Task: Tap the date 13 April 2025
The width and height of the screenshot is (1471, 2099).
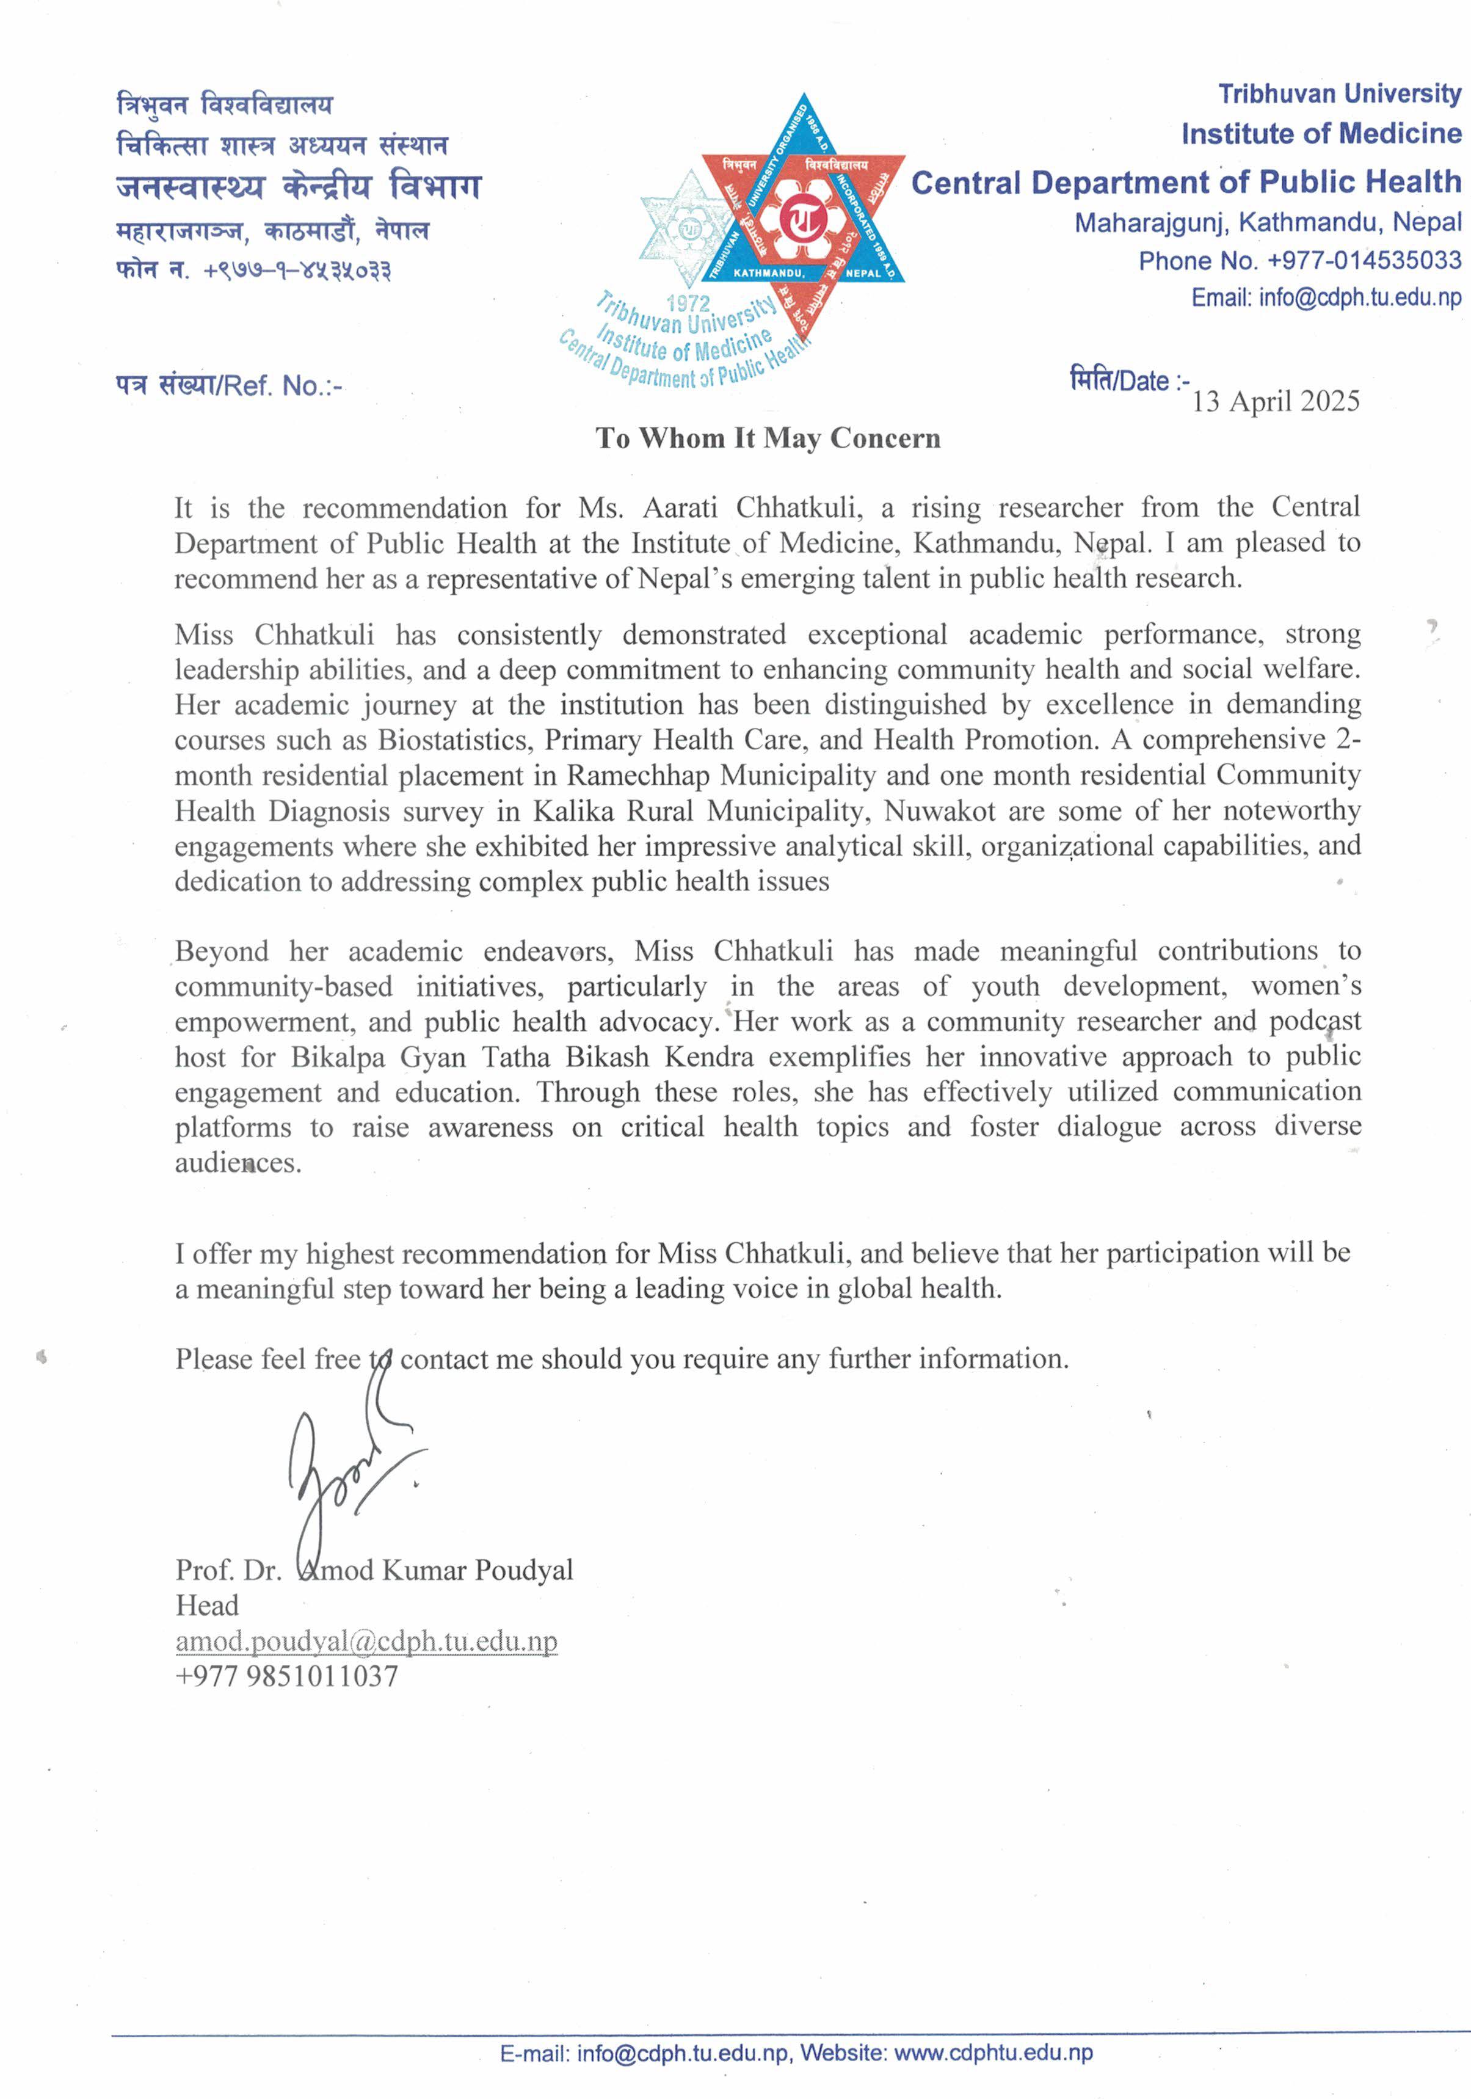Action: pyautogui.click(x=1276, y=401)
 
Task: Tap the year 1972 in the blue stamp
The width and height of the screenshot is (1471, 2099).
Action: pyautogui.click(x=688, y=302)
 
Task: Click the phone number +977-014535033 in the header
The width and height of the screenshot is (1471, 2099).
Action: pyautogui.click(x=1364, y=261)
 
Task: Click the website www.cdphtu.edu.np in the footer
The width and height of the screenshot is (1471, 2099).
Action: pyautogui.click(x=993, y=2053)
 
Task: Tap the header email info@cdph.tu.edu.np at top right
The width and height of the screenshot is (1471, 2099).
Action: pyautogui.click(x=1359, y=298)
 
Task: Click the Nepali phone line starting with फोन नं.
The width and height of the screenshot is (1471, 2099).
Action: pyautogui.click(x=253, y=271)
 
